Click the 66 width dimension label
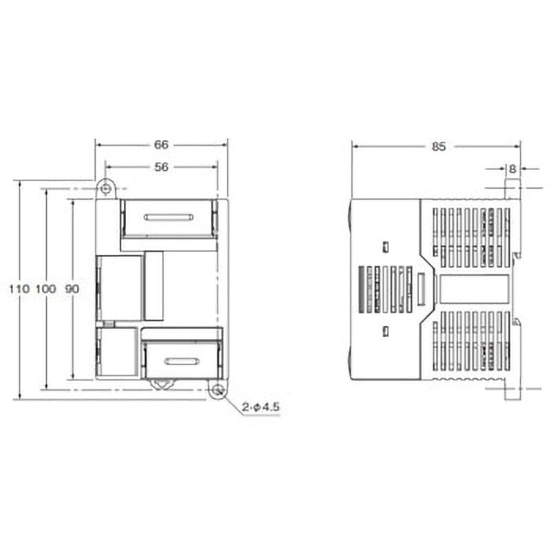tap(160, 145)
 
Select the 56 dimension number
tap(160, 166)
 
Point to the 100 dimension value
tap(46, 289)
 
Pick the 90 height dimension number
tap(72, 289)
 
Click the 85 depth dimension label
tap(439, 146)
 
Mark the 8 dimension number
tap(512, 168)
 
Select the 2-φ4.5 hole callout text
tap(262, 408)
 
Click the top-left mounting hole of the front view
tap(105, 188)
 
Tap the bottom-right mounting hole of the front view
tap(218, 391)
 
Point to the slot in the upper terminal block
tap(168, 218)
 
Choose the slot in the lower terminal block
tap(181, 362)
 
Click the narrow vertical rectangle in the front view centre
tap(154, 286)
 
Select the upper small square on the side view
tap(386, 246)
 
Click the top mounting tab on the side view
tap(512, 189)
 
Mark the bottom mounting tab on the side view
tap(511, 391)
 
